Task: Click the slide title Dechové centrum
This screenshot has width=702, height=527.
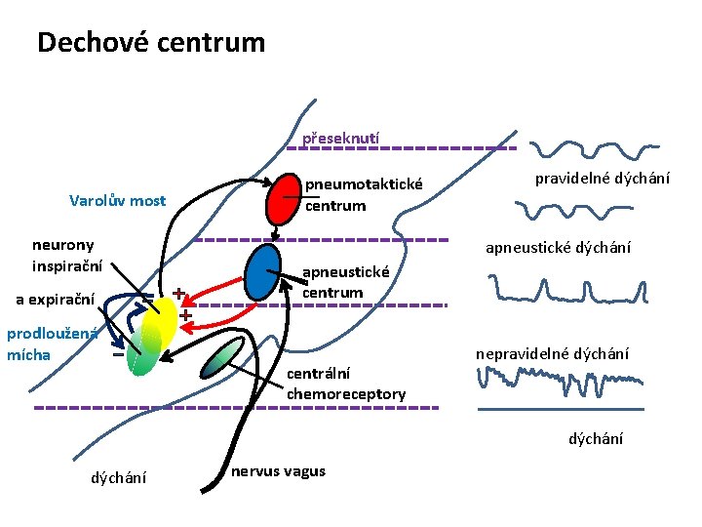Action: point(150,43)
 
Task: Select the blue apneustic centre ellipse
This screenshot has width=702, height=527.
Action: point(263,272)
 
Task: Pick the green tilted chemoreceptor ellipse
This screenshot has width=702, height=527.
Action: point(221,358)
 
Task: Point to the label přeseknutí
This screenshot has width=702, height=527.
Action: point(340,139)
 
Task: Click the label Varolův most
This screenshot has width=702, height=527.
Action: point(117,201)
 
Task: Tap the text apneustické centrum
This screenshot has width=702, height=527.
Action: point(345,282)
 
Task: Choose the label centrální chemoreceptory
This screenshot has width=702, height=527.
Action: point(346,384)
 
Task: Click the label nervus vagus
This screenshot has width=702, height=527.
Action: point(279,471)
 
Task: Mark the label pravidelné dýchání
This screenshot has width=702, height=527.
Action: point(595,180)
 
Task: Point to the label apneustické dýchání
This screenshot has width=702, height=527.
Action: point(558,248)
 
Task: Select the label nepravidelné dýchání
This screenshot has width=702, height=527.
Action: point(552,352)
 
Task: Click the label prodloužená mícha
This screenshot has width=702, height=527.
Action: point(51,344)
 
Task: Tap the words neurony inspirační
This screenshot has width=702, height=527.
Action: point(62,255)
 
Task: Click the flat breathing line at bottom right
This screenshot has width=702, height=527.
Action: point(560,410)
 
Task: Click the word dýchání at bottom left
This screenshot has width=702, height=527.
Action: point(119,477)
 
